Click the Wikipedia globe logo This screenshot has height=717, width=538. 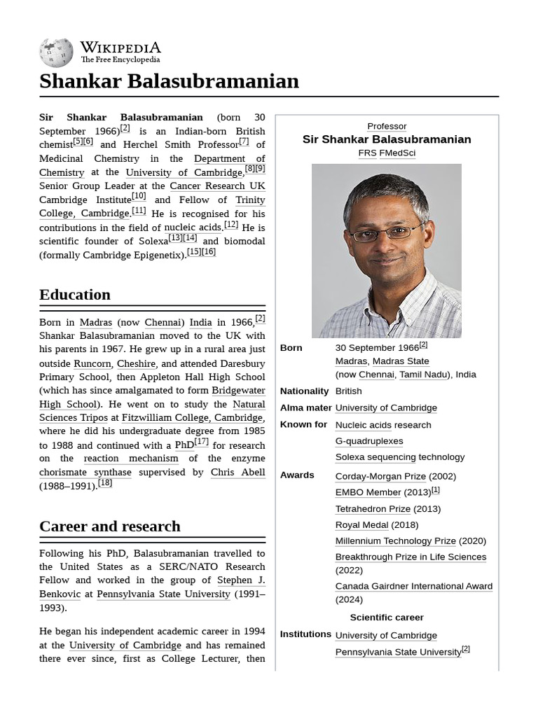[56, 53]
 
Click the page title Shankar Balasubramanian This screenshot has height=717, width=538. [169, 81]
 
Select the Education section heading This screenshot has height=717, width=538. [75, 294]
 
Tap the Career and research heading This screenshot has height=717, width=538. [110, 526]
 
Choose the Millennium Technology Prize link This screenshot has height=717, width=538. [395, 541]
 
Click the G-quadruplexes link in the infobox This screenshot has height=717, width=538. [368, 441]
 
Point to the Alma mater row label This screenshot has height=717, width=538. [305, 408]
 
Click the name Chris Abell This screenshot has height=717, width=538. [237, 472]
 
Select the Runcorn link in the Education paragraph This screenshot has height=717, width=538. [92, 363]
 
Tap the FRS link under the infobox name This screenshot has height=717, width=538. [367, 153]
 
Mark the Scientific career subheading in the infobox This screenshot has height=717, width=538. [387, 617]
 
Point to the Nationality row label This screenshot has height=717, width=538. [304, 391]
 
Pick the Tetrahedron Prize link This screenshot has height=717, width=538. [373, 508]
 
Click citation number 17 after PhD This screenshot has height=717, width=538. [201, 442]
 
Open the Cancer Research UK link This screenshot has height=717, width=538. [217, 186]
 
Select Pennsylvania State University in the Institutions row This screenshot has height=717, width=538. [398, 652]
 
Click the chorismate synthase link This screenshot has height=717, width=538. [85, 472]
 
